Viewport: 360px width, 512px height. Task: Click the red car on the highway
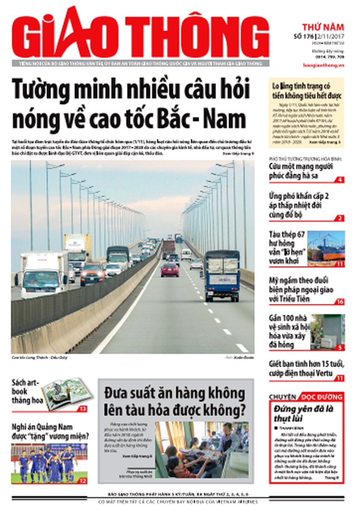[x=169, y=269]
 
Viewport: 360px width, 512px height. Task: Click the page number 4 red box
[x=340, y=179]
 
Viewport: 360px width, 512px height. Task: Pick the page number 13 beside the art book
[x=82, y=409]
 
